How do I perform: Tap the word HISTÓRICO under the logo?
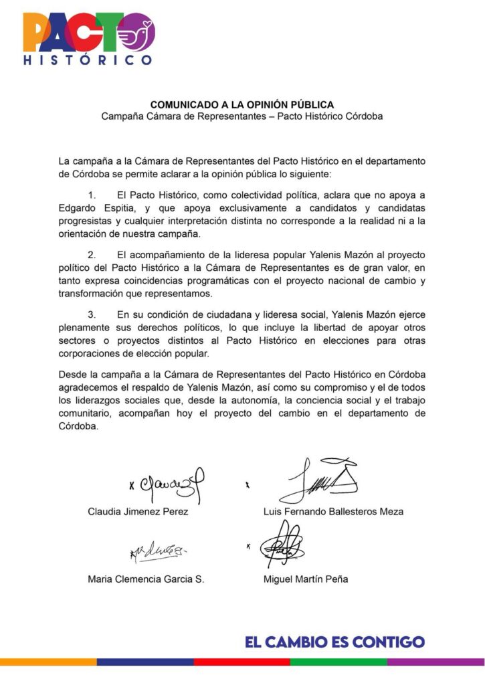click(x=88, y=60)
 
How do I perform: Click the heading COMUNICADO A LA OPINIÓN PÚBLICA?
click(x=241, y=105)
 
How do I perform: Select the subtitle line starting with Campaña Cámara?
click(x=241, y=116)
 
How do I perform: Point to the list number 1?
click(x=92, y=194)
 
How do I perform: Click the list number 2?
click(x=92, y=255)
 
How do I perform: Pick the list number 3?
click(x=92, y=315)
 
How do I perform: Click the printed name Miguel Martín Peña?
click(x=306, y=579)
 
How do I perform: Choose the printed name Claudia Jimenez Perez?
click(x=138, y=512)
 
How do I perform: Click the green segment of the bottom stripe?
click(x=338, y=662)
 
